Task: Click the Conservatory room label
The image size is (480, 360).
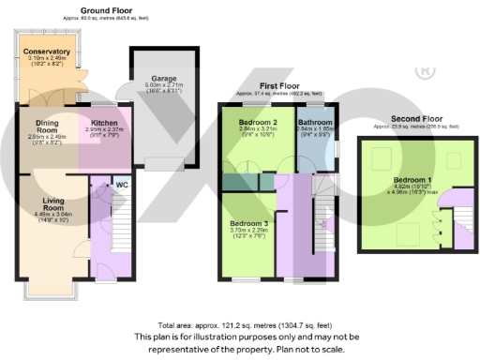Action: (47, 52)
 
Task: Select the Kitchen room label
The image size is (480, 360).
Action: (104, 122)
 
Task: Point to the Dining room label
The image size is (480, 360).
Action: (47, 122)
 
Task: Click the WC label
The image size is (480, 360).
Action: (121, 185)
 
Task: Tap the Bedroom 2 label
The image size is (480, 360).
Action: (256, 123)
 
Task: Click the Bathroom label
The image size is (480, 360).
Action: (315, 123)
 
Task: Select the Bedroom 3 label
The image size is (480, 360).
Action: (249, 223)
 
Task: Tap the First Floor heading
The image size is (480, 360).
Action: (277, 86)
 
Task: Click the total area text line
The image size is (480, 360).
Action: (239, 322)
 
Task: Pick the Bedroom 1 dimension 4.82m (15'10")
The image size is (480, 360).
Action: (393, 187)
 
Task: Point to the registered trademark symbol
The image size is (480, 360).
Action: (424, 70)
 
